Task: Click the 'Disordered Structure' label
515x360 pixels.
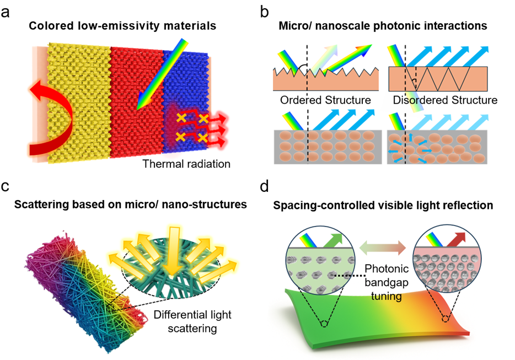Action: pyautogui.click(x=443, y=100)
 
